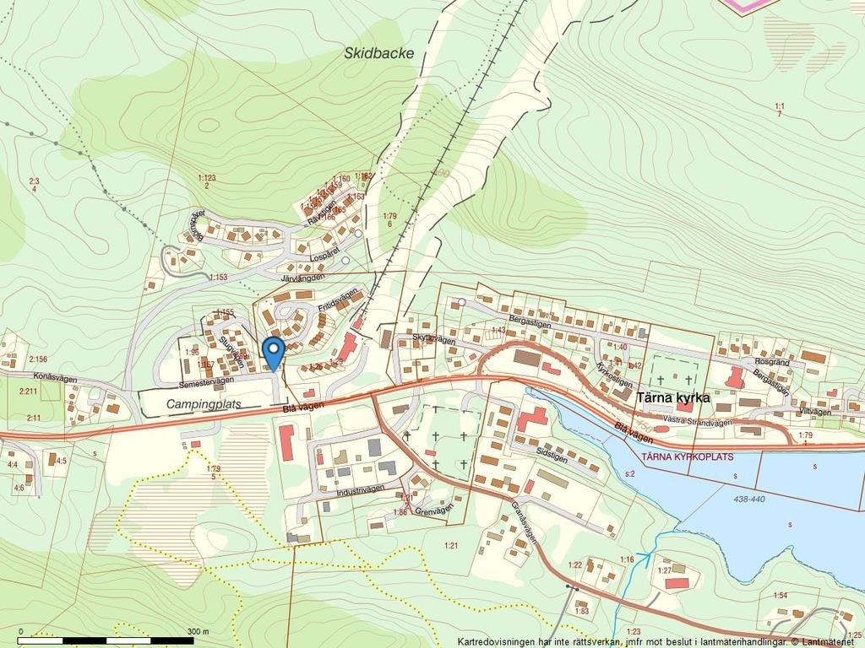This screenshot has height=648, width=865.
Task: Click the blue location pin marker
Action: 272,351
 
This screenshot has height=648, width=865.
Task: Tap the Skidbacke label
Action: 379,53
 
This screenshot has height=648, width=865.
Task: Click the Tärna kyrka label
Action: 672,397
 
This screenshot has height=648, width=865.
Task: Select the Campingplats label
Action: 204,404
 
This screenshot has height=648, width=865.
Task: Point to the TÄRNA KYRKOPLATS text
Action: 688,456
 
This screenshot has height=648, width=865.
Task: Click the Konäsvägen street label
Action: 56,379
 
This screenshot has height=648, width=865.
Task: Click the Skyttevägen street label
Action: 434,339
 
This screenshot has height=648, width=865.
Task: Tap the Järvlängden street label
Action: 302,276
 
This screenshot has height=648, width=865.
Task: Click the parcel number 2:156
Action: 38,359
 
